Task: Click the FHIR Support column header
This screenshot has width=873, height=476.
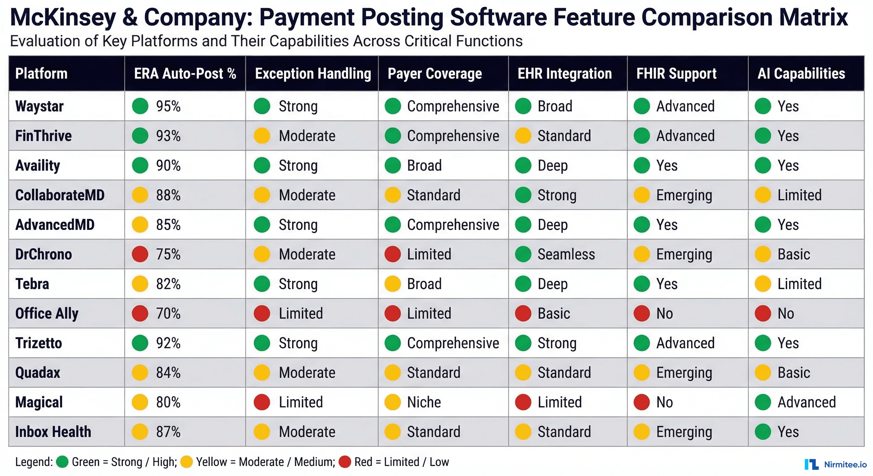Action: point(676,73)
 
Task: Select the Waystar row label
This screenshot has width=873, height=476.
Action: point(39,106)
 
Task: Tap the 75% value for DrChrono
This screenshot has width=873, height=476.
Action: point(168,254)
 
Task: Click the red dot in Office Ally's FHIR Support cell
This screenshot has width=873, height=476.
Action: point(641,313)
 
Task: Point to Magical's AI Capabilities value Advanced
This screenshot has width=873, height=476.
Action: point(806,402)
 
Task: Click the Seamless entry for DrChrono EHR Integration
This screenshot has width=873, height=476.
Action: point(566,254)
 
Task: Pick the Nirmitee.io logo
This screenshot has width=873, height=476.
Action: point(835,464)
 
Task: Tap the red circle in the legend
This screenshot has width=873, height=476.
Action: point(345,462)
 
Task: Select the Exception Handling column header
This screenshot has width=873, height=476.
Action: point(312,73)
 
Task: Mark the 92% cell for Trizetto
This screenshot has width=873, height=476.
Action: point(168,343)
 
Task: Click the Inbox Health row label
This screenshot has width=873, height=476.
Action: point(53,432)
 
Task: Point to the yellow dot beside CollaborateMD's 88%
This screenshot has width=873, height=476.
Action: point(140,195)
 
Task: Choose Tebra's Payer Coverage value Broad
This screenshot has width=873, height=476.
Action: point(424,284)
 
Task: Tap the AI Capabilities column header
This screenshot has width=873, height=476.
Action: point(801,73)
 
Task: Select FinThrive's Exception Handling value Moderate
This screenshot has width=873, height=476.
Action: point(307,136)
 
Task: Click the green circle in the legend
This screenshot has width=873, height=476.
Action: point(62,462)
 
